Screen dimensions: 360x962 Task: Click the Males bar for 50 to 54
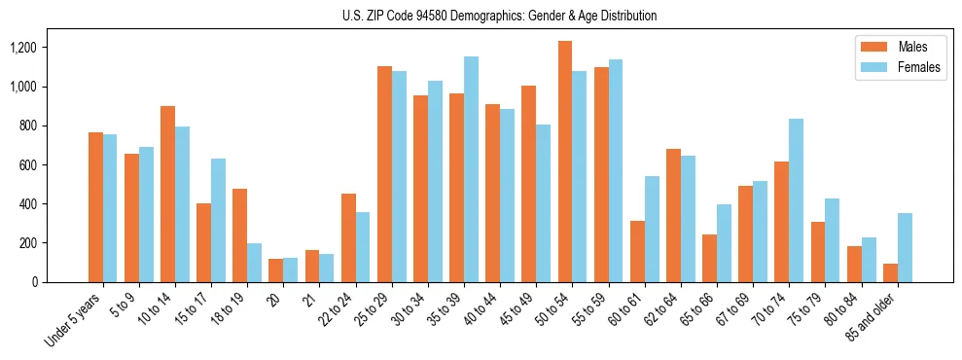pyautogui.click(x=565, y=162)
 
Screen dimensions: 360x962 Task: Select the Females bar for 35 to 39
pyautogui.click(x=471, y=169)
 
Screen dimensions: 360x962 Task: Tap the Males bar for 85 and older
pyautogui.click(x=890, y=272)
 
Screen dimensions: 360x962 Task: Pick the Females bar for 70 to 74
pyautogui.click(x=796, y=200)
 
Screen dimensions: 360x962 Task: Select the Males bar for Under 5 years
pyautogui.click(x=95, y=207)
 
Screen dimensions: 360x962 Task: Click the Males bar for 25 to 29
pyautogui.click(x=384, y=174)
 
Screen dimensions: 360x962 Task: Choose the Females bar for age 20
pyautogui.click(x=290, y=270)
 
